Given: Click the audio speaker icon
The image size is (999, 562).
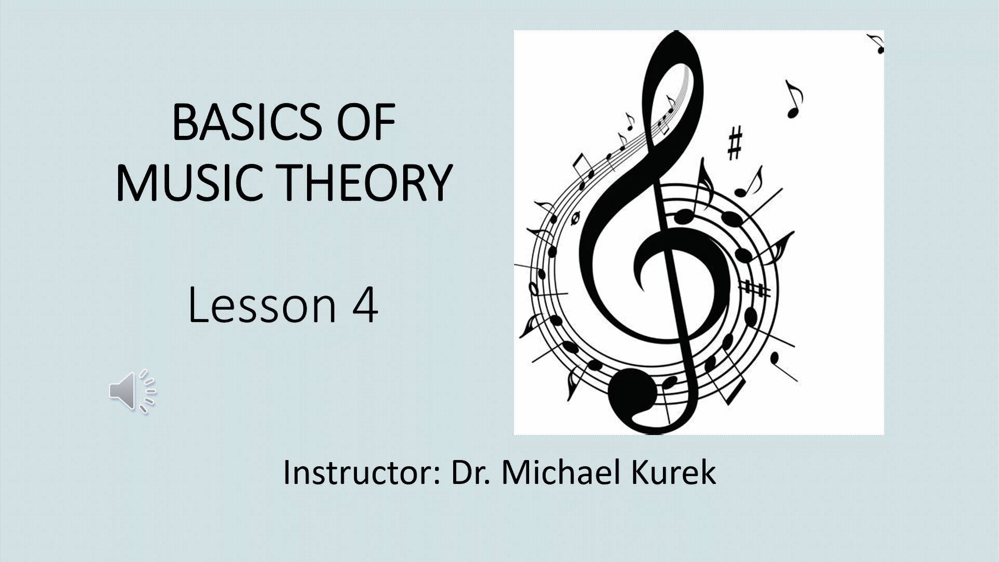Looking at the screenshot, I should [x=133, y=391].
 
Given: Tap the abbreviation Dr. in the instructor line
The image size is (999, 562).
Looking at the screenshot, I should [x=470, y=472].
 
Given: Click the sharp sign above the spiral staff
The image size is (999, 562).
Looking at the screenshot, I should [x=735, y=143].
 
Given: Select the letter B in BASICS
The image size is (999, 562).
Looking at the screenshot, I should [x=185, y=123].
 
